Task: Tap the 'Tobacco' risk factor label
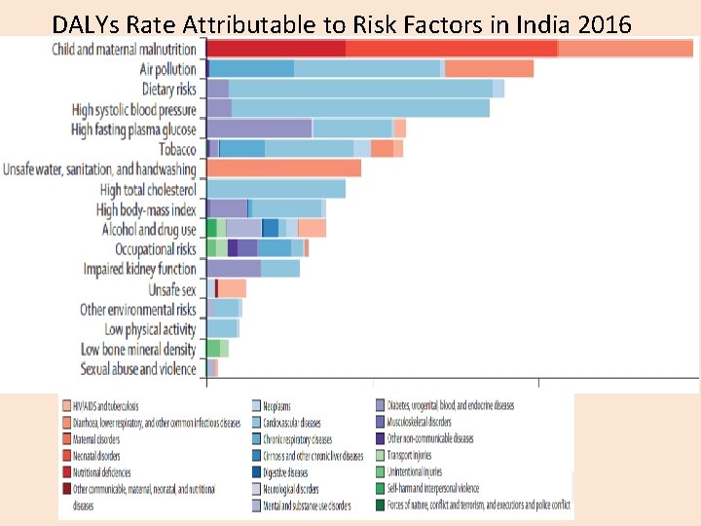pyautogui.click(x=177, y=149)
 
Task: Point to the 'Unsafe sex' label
pyautogui.click(x=171, y=289)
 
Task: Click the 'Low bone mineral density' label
pyautogui.click(x=137, y=349)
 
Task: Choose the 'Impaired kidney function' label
pyautogui.click(x=139, y=269)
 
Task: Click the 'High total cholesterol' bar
pyautogui.click(x=277, y=189)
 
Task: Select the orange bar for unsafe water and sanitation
pyautogui.click(x=284, y=169)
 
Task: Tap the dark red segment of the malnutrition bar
pyautogui.click(x=277, y=49)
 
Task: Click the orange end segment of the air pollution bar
pyautogui.click(x=489, y=68)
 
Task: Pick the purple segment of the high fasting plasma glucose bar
pyautogui.click(x=260, y=129)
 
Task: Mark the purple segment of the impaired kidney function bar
pyautogui.click(x=234, y=269)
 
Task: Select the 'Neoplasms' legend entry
pyautogui.click(x=282, y=405)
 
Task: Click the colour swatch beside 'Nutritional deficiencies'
pyautogui.click(x=65, y=472)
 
